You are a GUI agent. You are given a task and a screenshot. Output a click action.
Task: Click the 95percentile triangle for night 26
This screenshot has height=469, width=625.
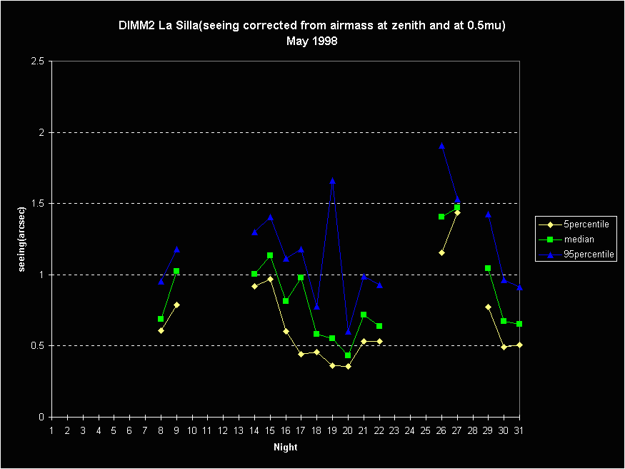(441, 145)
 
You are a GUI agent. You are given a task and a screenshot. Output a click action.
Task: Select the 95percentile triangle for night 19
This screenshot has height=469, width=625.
(332, 182)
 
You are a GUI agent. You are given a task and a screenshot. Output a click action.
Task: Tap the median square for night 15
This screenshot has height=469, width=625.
(270, 255)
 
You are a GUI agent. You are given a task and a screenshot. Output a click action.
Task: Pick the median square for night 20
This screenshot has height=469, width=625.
(348, 355)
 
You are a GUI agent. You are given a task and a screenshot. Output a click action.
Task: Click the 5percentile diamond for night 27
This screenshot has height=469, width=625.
(457, 212)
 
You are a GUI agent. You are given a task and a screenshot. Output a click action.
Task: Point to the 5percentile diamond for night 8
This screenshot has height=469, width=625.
(161, 330)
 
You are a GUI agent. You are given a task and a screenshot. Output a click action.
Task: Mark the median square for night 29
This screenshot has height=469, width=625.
(488, 268)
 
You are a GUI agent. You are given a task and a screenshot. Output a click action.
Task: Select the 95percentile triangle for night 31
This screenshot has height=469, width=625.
(519, 287)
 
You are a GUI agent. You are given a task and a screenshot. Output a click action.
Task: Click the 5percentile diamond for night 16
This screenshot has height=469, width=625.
(286, 331)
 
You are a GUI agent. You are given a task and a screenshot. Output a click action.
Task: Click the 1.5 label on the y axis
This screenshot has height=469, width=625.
(39, 204)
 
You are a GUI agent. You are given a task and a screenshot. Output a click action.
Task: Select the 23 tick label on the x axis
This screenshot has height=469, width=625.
(394, 430)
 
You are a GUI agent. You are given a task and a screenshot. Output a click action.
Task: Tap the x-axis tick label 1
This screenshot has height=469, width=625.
(52, 430)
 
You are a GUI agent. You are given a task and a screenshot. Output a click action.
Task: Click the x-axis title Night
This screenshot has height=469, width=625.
(285, 448)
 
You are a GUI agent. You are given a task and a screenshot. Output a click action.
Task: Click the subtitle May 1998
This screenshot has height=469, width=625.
(312, 41)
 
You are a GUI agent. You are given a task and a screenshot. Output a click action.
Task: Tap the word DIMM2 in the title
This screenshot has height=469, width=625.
(134, 26)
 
